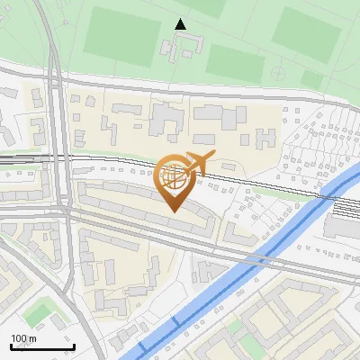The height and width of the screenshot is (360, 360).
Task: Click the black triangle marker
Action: coord(181,24)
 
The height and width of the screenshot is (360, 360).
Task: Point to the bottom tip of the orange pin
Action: coord(173,211)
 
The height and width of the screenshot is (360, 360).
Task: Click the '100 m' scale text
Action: coord(23,338)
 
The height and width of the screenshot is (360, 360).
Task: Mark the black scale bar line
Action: coord(41,346)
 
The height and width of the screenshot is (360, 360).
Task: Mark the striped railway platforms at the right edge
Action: coord(346,210)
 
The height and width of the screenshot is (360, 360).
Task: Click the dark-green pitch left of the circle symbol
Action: coord(236,61)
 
